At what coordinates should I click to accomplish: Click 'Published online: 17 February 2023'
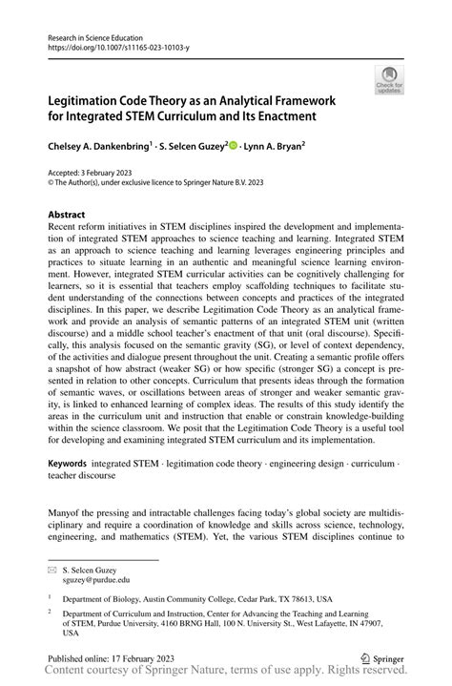117,657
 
